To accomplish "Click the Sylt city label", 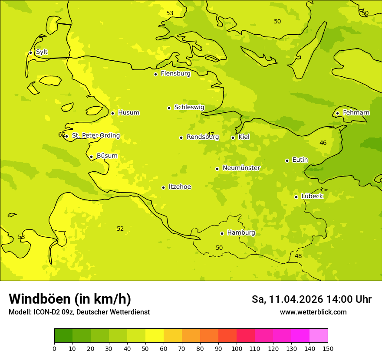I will [42, 52].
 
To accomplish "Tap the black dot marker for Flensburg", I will [155, 74].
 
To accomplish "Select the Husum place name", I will [128, 113].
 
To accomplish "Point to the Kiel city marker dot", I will [233, 137].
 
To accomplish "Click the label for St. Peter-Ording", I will [95, 136].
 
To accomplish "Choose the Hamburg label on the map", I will [241, 233].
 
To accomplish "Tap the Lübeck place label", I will [312, 196].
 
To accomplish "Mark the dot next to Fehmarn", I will [337, 113].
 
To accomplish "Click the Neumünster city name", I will [241, 168].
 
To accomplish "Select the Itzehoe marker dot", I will [163, 187].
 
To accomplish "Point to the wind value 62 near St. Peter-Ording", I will [62, 134].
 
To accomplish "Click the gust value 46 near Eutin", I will [323, 143].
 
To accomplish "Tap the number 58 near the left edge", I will [21, 237].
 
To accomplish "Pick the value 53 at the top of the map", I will [170, 13].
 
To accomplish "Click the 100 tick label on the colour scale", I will [237, 348].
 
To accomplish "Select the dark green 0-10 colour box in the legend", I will [63, 336].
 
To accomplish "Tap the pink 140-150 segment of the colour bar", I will [319, 336].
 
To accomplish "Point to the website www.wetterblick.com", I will [313, 312].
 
